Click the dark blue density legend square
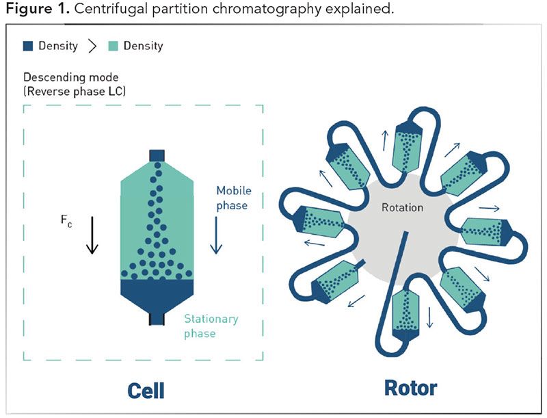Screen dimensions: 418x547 click(28, 47)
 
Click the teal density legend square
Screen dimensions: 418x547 click(114, 47)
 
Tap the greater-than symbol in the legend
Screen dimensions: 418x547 click(92, 47)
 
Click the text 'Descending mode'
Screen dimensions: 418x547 click(66, 78)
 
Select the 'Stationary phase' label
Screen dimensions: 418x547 click(211, 326)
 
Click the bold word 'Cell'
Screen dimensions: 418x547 click(146, 390)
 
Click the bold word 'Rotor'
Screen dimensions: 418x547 click(410, 388)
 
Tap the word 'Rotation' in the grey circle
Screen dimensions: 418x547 click(403, 207)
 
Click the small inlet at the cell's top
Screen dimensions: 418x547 click(158, 155)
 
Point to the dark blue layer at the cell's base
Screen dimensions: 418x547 click(158, 293)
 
